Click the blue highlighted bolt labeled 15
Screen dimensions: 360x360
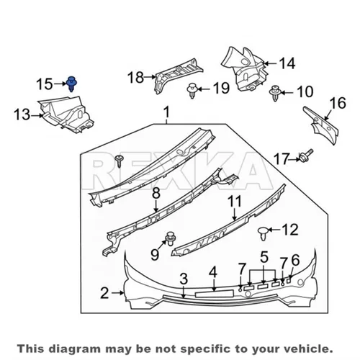click(71, 84)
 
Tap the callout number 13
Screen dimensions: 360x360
click(22, 114)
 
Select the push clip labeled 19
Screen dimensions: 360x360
click(192, 91)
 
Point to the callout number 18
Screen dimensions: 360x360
click(135, 77)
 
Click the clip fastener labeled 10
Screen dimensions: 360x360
click(275, 93)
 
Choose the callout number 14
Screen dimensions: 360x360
click(287, 63)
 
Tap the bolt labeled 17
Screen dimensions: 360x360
click(305, 156)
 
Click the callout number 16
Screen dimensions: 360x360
click(338, 103)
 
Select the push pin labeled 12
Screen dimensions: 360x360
click(263, 233)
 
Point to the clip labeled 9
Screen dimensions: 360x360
click(170, 238)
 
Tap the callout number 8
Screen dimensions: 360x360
click(156, 193)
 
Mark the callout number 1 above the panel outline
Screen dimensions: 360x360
click(166, 112)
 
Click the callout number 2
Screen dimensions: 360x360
click(104, 293)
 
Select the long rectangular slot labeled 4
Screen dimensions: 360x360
click(215, 294)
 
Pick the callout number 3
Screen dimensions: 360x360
click(184, 279)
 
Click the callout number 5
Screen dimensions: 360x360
click(264, 257)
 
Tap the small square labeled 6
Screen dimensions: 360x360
click(289, 280)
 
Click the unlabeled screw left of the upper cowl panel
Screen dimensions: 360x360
click(119, 161)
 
